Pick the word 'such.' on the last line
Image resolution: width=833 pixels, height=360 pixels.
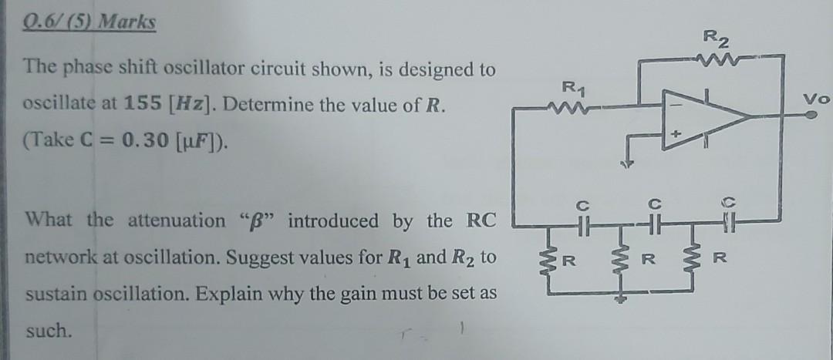point(47,331)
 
